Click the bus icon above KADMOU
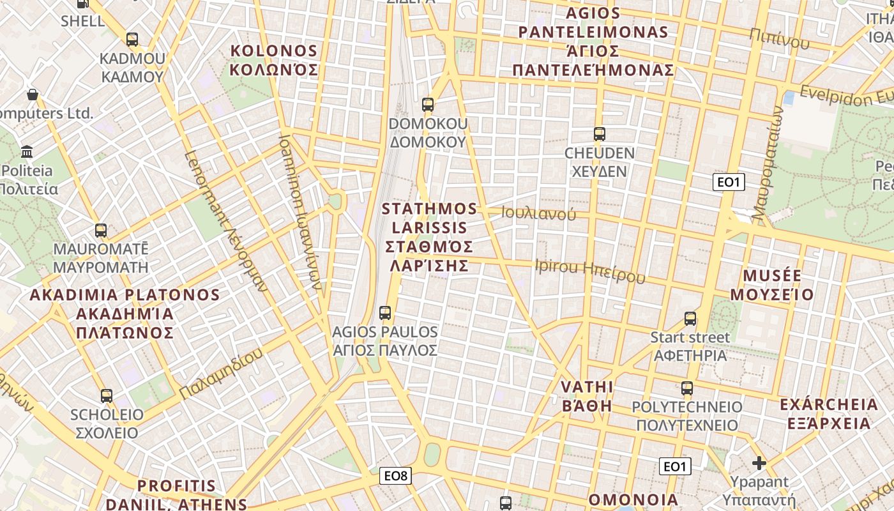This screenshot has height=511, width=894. point(132,40)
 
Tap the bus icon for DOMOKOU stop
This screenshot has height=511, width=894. point(428,104)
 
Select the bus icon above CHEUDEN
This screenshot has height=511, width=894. point(599,134)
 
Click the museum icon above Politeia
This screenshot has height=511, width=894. point(27,152)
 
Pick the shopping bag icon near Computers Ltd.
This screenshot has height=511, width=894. point(33,95)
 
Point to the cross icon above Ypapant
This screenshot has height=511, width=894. point(759,463)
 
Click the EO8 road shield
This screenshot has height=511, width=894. point(396,476)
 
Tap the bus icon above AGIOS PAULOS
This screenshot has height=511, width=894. point(385,313)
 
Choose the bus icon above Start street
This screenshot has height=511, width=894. point(690,318)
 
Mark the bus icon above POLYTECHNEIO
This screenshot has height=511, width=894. point(687,388)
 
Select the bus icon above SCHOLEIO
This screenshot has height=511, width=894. point(107,396)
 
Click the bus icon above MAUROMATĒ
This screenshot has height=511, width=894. point(101,231)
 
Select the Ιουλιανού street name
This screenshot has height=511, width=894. point(538,214)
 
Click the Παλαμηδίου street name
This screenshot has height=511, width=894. point(221,374)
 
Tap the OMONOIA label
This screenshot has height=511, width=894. point(633,500)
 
